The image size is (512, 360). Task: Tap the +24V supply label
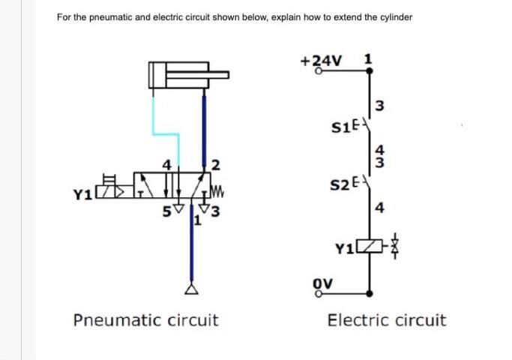tap(319, 61)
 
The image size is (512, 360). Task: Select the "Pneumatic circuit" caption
tap(145, 321)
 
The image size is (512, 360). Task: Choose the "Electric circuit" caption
tap(386, 321)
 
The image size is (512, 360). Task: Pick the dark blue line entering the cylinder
tap(202, 127)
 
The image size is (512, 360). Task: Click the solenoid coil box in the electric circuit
tap(367, 246)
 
